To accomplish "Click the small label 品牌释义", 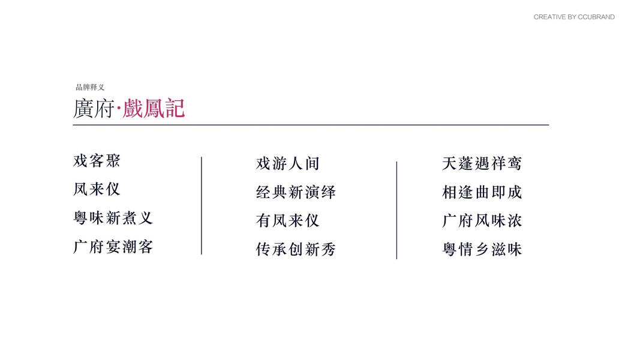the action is [90, 88].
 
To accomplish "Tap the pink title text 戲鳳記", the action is [154, 109].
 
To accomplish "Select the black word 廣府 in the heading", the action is [93, 109].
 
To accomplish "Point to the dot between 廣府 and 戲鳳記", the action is [119, 109].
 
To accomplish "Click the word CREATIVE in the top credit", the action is [549, 17].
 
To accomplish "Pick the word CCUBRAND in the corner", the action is [596, 17].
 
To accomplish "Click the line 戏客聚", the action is [97, 161].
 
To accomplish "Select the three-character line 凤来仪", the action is [97, 190].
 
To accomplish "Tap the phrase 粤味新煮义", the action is [113, 218].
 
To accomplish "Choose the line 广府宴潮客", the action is [113, 247].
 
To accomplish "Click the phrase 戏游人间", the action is [287, 163].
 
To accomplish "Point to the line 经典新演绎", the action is [296, 193].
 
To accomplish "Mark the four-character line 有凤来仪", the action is [287, 221].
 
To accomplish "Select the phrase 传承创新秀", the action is [296, 250].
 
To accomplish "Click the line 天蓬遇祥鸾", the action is [482, 163].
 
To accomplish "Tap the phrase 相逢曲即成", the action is [482, 193].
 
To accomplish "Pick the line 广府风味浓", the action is [482, 221].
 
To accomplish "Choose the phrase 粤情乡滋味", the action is [482, 250].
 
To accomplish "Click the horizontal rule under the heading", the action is [311, 125].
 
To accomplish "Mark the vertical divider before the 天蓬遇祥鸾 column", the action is [396, 210].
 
